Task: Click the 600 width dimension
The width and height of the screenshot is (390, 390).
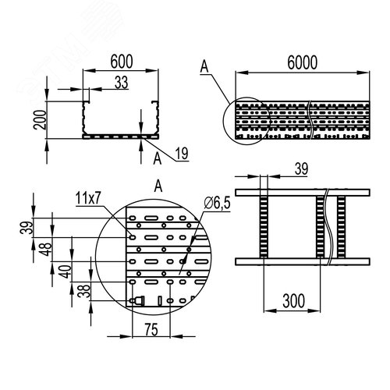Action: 122,62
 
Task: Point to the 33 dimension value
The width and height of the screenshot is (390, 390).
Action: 122,83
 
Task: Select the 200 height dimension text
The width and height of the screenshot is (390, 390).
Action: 40,119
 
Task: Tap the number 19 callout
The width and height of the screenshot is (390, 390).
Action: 182,154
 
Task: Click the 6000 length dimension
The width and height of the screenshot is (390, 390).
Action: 303,62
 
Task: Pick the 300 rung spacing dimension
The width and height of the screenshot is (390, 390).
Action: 293,301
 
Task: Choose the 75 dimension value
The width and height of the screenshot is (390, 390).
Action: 151,330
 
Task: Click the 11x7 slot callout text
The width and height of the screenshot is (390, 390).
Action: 88,199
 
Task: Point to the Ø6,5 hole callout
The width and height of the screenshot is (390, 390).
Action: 218,203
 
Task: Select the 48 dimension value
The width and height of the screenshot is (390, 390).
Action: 47,249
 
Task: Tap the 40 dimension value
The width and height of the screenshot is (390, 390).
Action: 66,271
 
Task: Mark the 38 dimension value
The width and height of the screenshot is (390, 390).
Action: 85,291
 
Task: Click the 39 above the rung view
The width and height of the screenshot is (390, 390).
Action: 302,168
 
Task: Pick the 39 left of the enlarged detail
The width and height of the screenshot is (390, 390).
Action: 27,228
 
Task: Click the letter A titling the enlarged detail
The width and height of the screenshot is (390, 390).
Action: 158,186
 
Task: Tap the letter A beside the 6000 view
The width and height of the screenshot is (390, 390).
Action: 204,66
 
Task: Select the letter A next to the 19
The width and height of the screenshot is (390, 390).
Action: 158,158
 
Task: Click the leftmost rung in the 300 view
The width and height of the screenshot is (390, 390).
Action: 264,227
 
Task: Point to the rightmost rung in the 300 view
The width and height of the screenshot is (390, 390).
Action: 341,227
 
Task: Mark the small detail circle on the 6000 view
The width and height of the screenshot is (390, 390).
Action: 223,121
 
